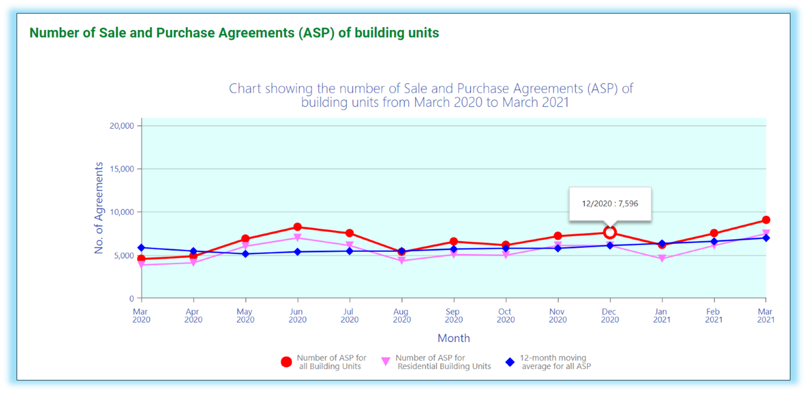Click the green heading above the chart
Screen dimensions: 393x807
pyautogui.click(x=234, y=33)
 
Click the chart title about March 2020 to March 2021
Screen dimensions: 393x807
pyautogui.click(x=431, y=95)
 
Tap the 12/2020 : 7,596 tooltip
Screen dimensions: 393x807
pyautogui.click(x=610, y=203)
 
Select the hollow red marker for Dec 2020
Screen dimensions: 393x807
pyautogui.click(x=610, y=232)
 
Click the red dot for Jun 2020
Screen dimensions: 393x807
pyautogui.click(x=298, y=227)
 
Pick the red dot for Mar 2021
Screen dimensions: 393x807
pyautogui.click(x=766, y=220)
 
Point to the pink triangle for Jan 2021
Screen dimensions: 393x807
pyautogui.click(x=662, y=258)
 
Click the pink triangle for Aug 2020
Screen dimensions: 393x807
pyautogui.click(x=402, y=261)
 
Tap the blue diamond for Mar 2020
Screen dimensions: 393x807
pyautogui.click(x=141, y=248)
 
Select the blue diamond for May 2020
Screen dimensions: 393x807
pyautogui.click(x=245, y=254)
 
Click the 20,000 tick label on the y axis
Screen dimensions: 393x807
pyautogui.click(x=122, y=126)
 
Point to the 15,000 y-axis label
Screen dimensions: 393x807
pyautogui.click(x=122, y=169)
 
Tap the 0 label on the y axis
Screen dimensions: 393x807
pyautogui.click(x=131, y=298)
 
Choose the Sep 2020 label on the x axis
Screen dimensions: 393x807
pyautogui.click(x=453, y=316)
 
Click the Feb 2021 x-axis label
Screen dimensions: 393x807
pyautogui.click(x=713, y=316)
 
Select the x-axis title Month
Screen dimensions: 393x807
pyautogui.click(x=453, y=338)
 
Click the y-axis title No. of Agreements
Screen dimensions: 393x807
pyautogui.click(x=99, y=208)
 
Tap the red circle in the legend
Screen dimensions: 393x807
pyautogui.click(x=286, y=362)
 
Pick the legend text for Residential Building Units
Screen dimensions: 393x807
pyautogui.click(x=444, y=362)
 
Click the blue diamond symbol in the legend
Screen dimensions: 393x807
pyautogui.click(x=510, y=362)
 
